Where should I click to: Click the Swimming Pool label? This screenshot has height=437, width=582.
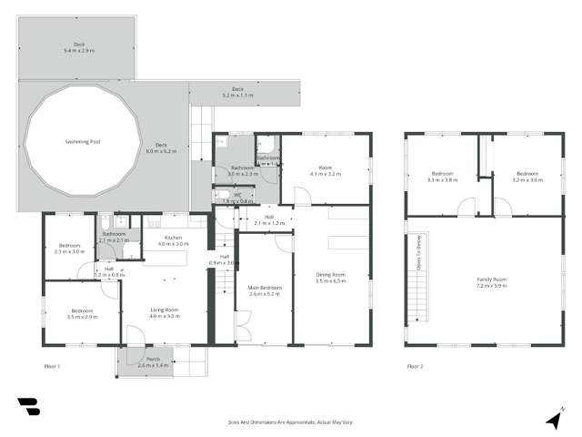click(x=83, y=142)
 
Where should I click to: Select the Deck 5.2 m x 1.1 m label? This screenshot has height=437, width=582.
click(x=238, y=91)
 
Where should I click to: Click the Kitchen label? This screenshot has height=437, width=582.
click(x=173, y=241)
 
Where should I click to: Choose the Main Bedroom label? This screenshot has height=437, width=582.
click(x=265, y=290)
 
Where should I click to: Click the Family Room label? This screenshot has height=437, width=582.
click(x=492, y=281)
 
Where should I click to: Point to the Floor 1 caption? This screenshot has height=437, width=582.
click(x=52, y=367)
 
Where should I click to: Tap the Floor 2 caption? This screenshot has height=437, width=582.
click(x=416, y=367)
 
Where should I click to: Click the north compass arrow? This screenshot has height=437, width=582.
click(x=553, y=419)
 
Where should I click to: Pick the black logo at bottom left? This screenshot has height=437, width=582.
click(x=27, y=407)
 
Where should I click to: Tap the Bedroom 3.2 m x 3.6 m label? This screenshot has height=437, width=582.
click(x=527, y=177)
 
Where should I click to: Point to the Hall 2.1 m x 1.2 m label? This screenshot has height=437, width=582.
click(x=270, y=220)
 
